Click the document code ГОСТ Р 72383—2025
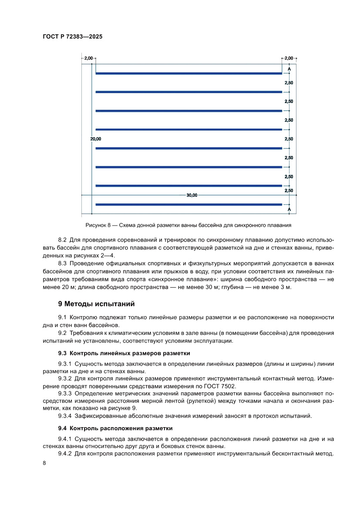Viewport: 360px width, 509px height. point(73,37)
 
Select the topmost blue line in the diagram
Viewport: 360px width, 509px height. point(188,73)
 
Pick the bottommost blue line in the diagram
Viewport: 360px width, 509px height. point(188,204)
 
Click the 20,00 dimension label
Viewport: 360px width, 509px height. point(95,139)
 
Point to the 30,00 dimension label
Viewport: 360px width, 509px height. point(192,196)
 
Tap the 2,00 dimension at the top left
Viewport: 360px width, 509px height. point(88,58)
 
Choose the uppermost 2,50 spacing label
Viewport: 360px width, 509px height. point(289,82)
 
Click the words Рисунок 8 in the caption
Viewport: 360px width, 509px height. point(100,226)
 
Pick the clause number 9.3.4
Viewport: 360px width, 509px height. point(66,416)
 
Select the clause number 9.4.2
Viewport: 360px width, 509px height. point(66,454)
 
